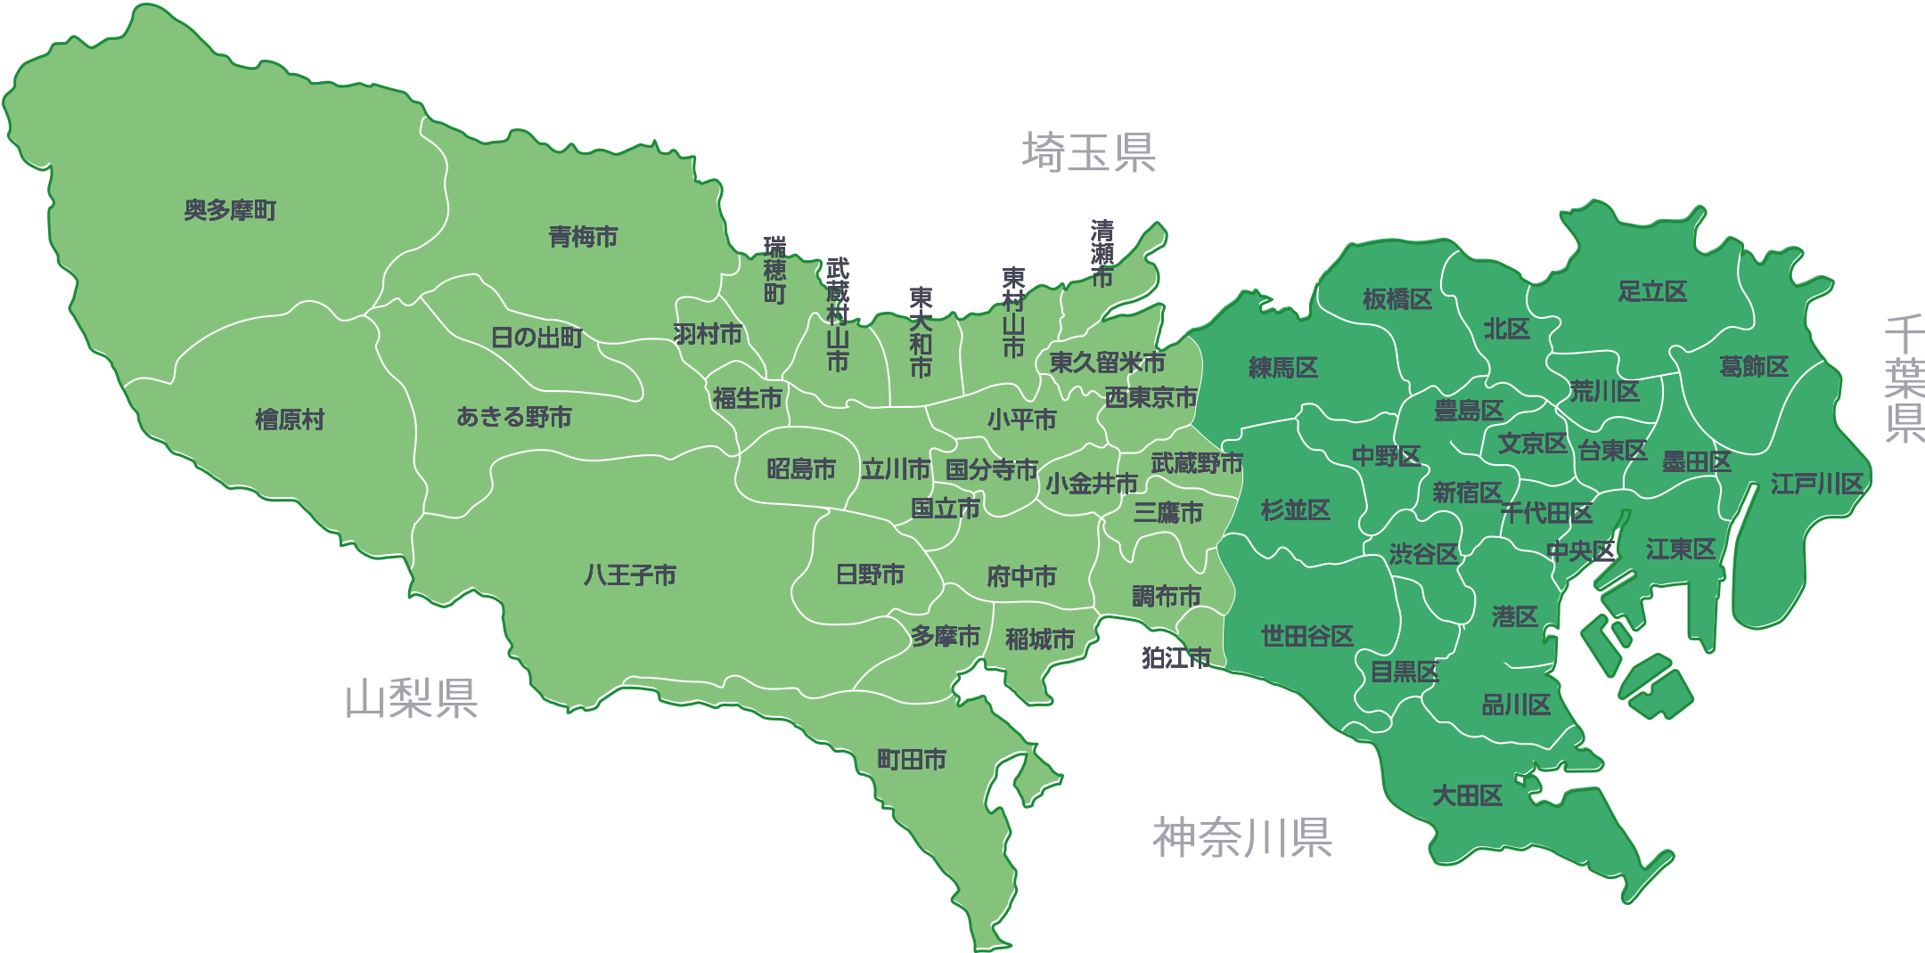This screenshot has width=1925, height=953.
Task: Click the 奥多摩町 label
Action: (230, 210)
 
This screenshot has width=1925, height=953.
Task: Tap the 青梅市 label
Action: (583, 237)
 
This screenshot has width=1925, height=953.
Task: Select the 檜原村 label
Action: (290, 419)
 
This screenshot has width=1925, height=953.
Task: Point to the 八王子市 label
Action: (630, 575)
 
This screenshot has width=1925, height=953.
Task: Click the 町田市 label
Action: (912, 760)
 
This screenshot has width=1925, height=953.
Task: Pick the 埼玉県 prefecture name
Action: (1088, 152)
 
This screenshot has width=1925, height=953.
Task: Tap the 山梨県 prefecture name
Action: (412, 699)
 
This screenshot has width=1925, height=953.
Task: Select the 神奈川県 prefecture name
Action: (1242, 837)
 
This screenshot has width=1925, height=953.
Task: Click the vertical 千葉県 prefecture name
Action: (1904, 379)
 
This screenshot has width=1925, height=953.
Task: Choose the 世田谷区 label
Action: (1307, 636)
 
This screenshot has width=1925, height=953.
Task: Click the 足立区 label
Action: (1652, 291)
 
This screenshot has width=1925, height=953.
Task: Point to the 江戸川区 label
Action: (1817, 485)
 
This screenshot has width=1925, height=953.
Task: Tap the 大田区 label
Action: (1467, 795)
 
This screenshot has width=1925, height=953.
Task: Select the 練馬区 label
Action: (1283, 368)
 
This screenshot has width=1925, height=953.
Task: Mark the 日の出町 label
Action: (537, 338)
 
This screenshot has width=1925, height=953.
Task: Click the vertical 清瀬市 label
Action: (1102, 255)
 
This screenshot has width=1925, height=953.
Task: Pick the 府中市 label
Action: (1021, 576)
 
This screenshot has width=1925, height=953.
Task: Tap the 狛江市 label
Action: (1176, 658)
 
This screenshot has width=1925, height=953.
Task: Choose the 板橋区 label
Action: (1397, 299)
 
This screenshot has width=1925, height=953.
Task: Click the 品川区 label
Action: (1516, 705)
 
